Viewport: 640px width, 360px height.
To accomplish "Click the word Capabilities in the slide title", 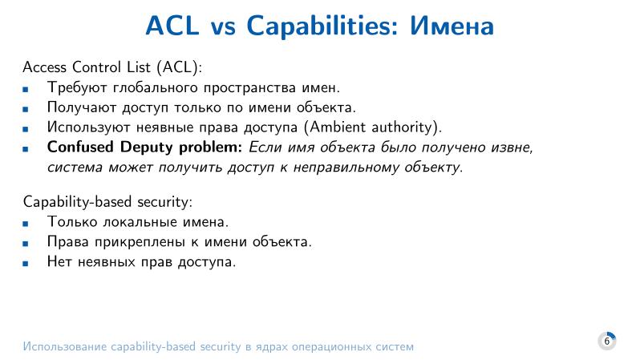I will pos(323,26).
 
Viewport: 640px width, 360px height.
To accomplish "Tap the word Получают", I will pos(79,107).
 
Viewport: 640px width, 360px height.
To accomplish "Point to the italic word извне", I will pos(508,148).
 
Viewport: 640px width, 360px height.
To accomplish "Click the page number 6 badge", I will pos(606,341).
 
